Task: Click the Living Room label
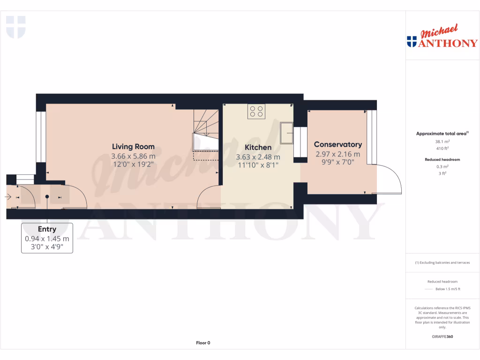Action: pyautogui.click(x=133, y=147)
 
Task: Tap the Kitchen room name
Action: pyautogui.click(x=258, y=148)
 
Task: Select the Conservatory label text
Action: pyautogui.click(x=337, y=144)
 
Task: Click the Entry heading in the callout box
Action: pyautogui.click(x=47, y=229)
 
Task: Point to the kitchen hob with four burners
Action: pyautogui.click(x=256, y=111)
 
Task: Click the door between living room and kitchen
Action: pyautogui.click(x=208, y=197)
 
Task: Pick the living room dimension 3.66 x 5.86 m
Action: pyautogui.click(x=133, y=156)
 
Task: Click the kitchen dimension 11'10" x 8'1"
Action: pyautogui.click(x=258, y=165)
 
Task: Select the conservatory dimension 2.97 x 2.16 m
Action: pyautogui.click(x=337, y=154)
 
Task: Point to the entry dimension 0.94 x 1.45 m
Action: pyautogui.click(x=47, y=239)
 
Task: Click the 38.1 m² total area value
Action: pyautogui.click(x=443, y=141)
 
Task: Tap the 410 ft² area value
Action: pyautogui.click(x=443, y=148)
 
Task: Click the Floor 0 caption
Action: pyautogui.click(x=203, y=343)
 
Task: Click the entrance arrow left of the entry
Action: pyautogui.click(x=8, y=197)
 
